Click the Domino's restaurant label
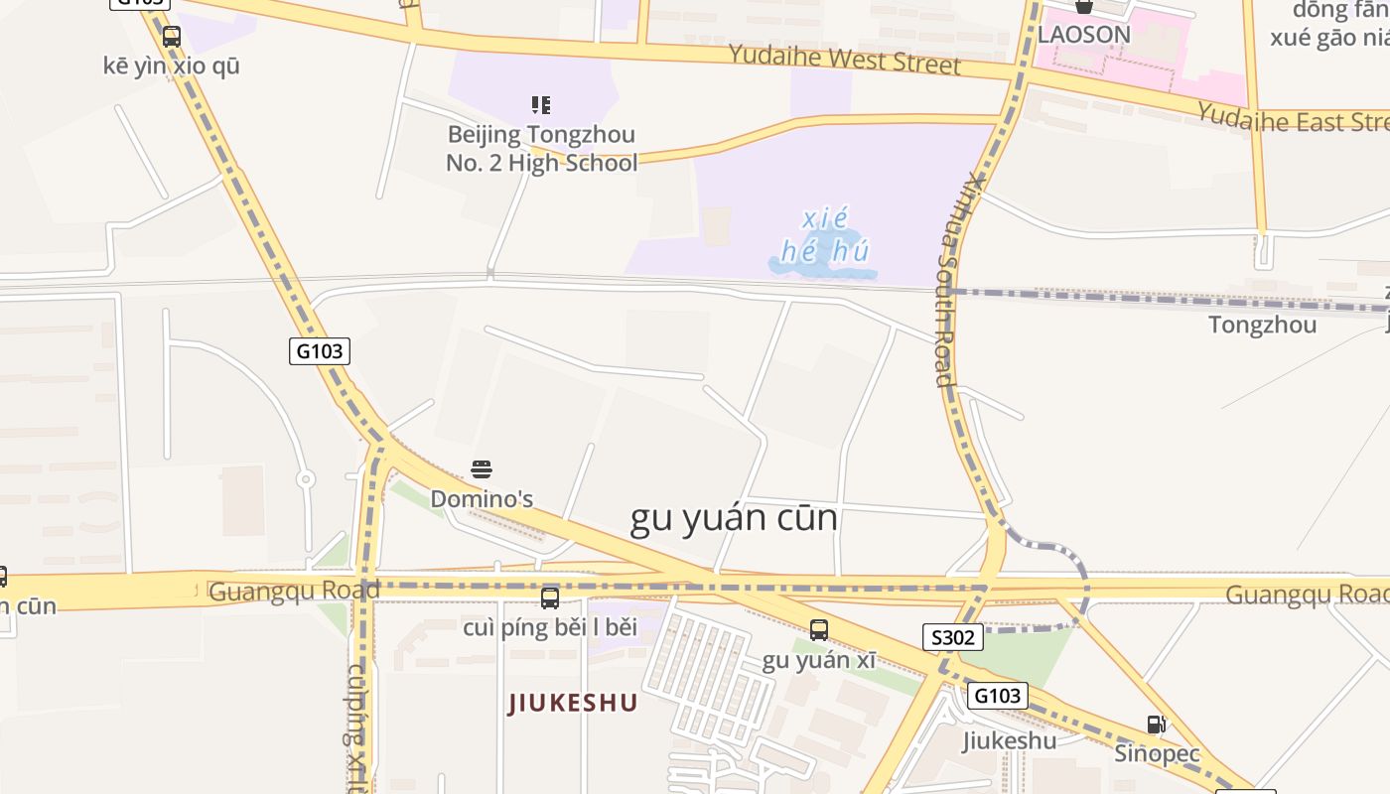coord(482,499)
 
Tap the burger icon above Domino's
coord(482,469)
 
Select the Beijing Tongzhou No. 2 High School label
coord(541,148)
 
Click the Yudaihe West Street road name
coord(844,59)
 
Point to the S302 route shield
coord(953,637)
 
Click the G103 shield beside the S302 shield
coord(997,695)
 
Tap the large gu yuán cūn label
coord(734,519)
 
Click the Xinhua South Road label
coord(954,278)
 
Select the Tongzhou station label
coord(1262,325)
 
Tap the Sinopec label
coord(1157,753)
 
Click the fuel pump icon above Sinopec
coord(1156,725)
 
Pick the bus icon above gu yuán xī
coord(819,630)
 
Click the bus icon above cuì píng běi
coord(550,598)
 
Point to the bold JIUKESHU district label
coord(573,704)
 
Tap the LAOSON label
coord(1084,35)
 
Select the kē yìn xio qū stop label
coord(172,66)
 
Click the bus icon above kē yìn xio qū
coord(172,37)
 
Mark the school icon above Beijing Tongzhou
coord(541,104)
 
